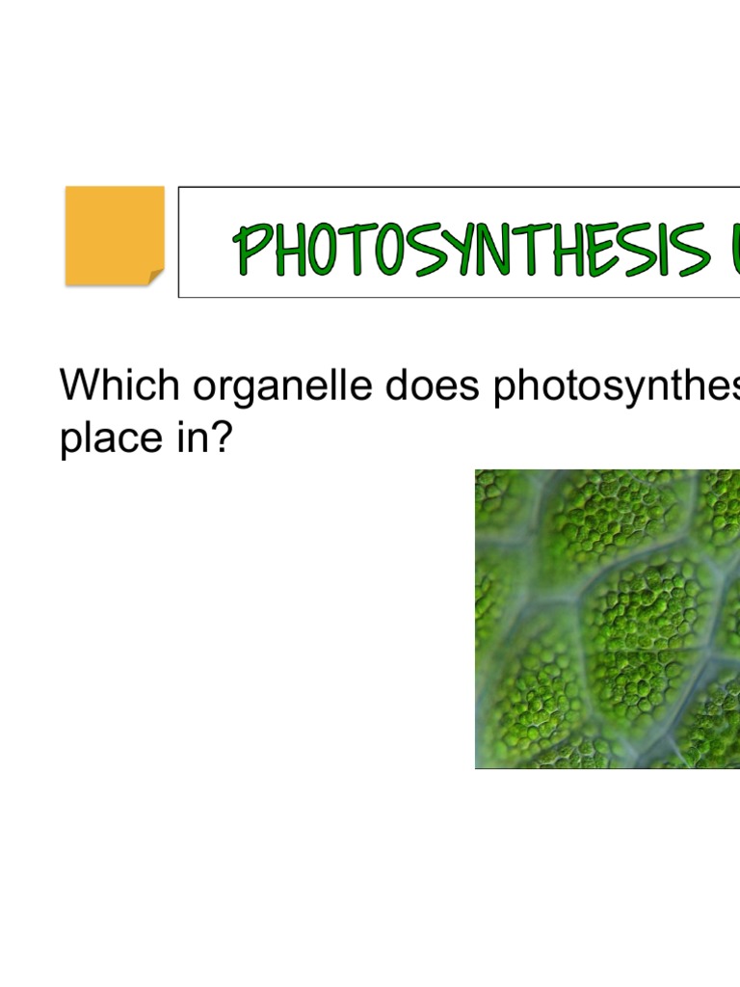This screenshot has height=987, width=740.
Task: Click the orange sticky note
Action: pyautogui.click(x=114, y=234)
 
